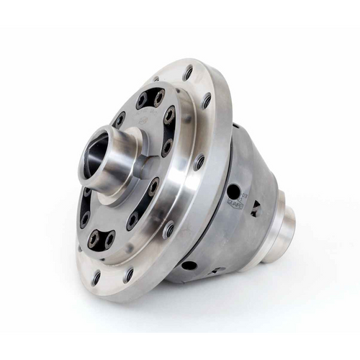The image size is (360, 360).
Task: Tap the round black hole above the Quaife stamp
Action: [233, 192]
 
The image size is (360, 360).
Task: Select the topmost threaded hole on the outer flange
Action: [188, 73]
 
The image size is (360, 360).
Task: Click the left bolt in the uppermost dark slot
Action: [142, 100]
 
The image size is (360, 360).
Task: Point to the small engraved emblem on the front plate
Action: [148, 122]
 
